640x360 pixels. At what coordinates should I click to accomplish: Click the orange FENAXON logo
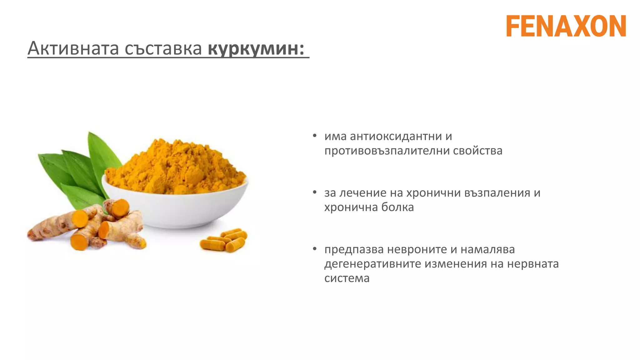pos(566,26)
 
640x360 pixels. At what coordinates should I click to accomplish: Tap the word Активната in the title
pos(73,49)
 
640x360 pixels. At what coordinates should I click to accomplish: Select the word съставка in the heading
pos(163,49)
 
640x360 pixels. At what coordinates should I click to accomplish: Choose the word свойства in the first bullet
pos(477,151)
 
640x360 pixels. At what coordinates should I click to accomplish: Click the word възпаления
pos(497,193)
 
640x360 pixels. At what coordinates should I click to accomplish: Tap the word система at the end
pos(347,278)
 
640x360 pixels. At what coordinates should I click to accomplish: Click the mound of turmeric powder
pos(175,166)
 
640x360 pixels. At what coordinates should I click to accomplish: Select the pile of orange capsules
pos(224,241)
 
